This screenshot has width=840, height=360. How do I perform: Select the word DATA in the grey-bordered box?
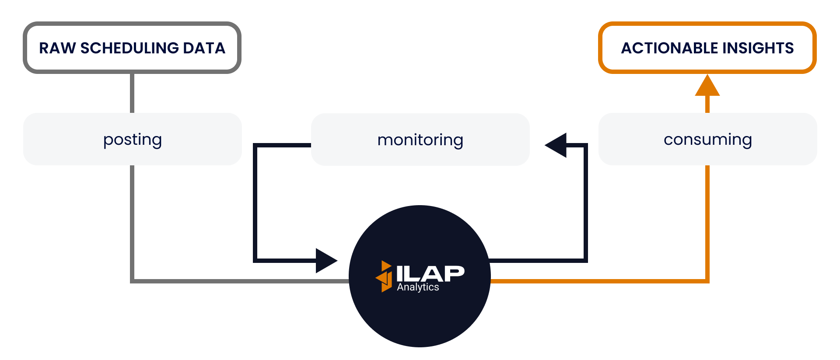pyautogui.click(x=204, y=48)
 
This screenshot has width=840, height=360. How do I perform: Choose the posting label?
pyautogui.click(x=133, y=140)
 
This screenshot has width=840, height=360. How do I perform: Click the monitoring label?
pyautogui.click(x=420, y=140)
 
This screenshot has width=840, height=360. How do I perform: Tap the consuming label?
pyautogui.click(x=707, y=140)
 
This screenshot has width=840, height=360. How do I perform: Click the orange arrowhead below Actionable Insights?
pyautogui.click(x=707, y=86)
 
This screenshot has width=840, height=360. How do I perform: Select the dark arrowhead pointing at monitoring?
pyautogui.click(x=556, y=145)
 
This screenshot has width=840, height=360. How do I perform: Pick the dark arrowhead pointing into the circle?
pyautogui.click(x=325, y=261)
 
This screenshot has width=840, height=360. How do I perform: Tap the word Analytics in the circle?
pyautogui.click(x=418, y=287)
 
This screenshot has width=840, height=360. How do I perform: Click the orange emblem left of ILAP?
pyautogui.click(x=384, y=276)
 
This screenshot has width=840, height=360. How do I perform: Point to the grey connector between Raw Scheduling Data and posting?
pyautogui.click(x=132, y=93)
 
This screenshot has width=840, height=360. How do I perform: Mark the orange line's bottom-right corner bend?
pyautogui.click(x=707, y=281)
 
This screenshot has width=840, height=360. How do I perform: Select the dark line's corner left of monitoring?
pyautogui.click(x=255, y=146)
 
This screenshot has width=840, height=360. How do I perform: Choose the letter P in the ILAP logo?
pyautogui.click(x=455, y=274)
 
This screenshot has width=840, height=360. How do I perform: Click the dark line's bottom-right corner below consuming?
pyautogui.click(x=585, y=260)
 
